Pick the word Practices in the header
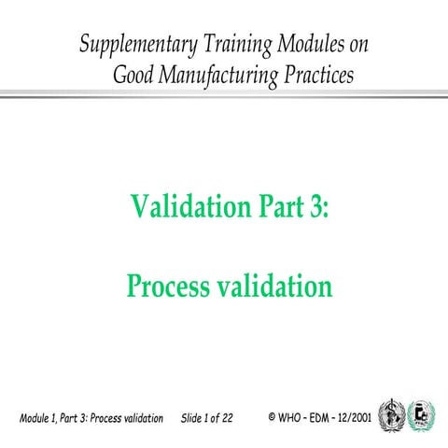pyautogui.click(x=318, y=76)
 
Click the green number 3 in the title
pyautogui.click(x=315, y=206)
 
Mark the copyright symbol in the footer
pyautogui.click(x=272, y=414)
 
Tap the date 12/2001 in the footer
pyautogui.click(x=359, y=414)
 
